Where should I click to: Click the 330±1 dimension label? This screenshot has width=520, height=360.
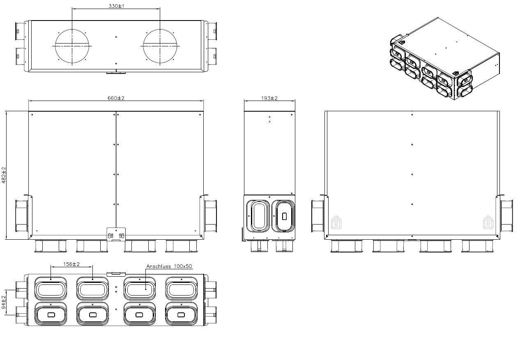coord(116,6)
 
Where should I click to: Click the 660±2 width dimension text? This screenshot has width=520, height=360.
coord(116,98)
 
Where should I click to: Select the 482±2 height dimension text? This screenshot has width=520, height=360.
coord(4,175)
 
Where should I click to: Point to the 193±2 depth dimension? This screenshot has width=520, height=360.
coord(269,98)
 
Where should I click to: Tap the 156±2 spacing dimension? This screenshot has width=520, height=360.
coord(71,264)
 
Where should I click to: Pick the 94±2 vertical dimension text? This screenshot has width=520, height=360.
coord(4,302)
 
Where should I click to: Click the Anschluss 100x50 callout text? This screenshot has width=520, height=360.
coord(169,266)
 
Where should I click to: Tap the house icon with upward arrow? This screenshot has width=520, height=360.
coord(336,222)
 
